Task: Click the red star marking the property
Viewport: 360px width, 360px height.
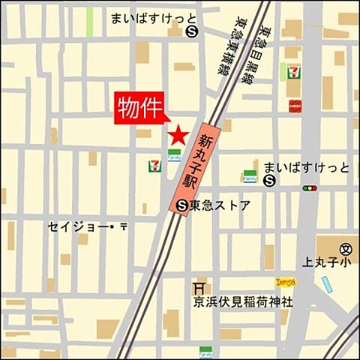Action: (178, 135)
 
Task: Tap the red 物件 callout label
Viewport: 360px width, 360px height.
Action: (139, 109)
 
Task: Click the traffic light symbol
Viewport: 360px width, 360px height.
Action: (309, 188)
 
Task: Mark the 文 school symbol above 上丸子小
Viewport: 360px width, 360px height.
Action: (346, 248)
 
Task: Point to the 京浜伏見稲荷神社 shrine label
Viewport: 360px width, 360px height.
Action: (240, 301)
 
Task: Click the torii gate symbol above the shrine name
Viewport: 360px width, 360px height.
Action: (199, 287)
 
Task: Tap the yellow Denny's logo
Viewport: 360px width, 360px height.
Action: (286, 282)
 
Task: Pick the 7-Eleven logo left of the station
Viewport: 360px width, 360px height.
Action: (154, 163)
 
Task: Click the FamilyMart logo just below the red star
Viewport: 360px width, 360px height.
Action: (174, 154)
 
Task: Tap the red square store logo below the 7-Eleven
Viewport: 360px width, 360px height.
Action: (295, 105)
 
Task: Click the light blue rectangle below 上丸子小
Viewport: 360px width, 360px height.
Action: (326, 283)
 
